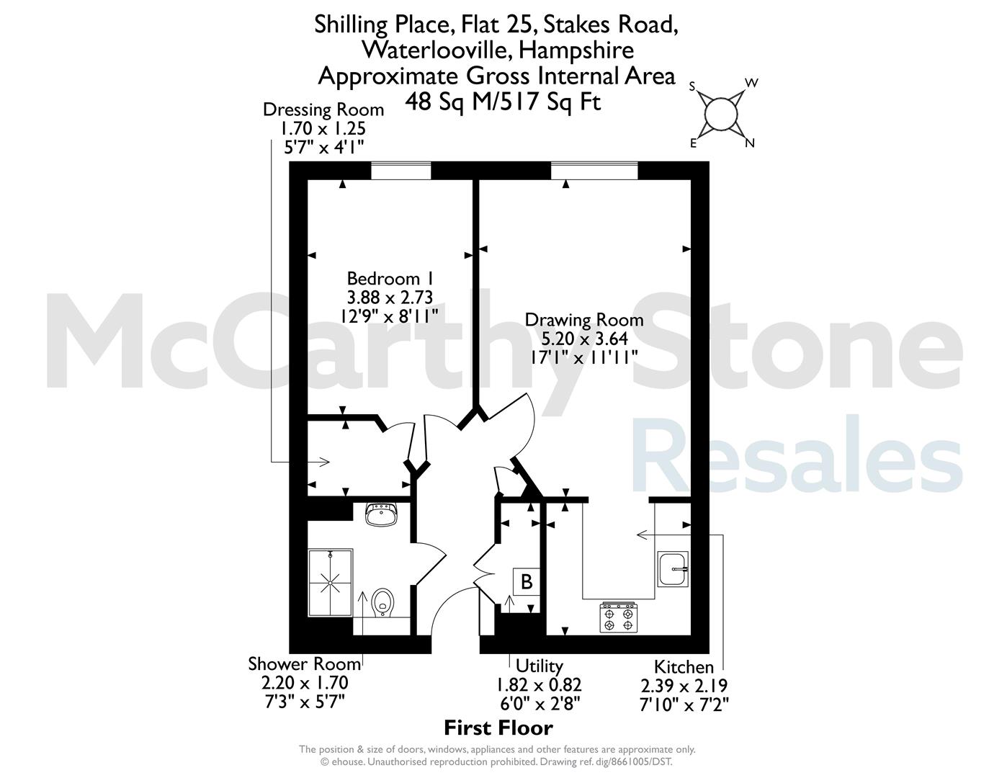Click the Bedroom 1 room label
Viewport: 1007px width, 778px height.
coord(390,279)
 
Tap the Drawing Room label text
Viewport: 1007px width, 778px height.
coord(584,320)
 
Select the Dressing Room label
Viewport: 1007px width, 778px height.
coord(323,109)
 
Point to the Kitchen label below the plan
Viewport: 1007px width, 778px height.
coord(684,667)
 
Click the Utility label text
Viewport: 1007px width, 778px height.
coord(539,666)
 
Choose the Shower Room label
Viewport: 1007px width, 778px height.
coord(305,664)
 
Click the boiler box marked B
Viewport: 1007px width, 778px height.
coord(527,581)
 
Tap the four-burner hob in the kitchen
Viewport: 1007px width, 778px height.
coord(619,617)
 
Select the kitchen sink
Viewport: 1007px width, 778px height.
coord(673,568)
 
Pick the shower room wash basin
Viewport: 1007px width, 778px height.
coord(381,515)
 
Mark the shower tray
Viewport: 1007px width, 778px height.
coord(331,583)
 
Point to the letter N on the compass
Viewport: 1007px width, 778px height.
coord(750,143)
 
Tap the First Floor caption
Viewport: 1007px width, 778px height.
coord(498,728)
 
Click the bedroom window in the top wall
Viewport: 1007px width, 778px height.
coord(400,170)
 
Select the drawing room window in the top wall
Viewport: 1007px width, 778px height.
coord(594,170)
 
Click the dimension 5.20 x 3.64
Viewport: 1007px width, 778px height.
coord(585,339)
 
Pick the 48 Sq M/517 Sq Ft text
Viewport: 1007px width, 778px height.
coord(503,102)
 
